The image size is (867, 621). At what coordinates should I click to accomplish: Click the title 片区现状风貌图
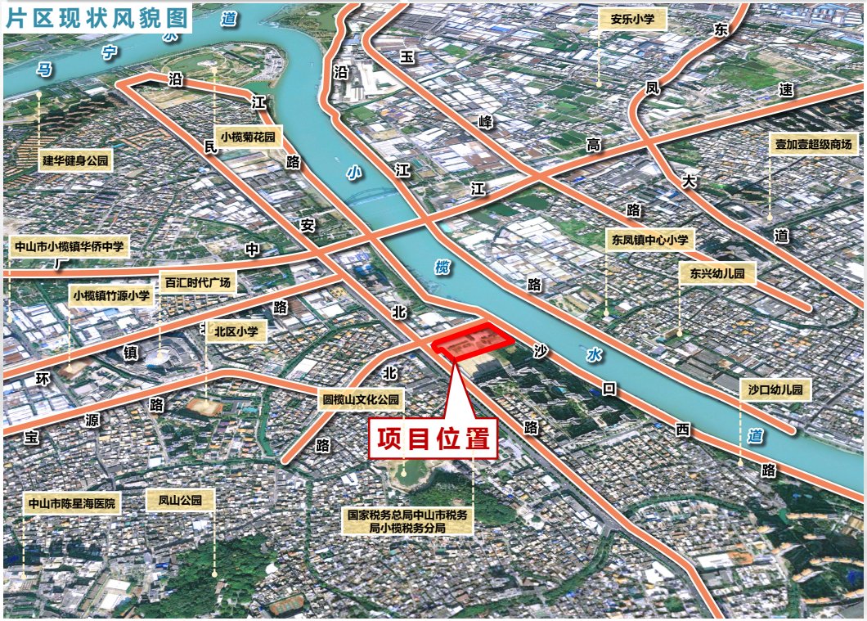97,17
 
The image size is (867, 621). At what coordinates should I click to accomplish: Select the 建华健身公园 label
75,161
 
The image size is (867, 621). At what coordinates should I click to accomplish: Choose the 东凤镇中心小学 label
649,241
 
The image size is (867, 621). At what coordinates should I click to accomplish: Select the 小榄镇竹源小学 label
111,295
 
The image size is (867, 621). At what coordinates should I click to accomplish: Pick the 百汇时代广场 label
197,283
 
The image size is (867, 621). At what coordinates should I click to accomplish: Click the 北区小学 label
236,331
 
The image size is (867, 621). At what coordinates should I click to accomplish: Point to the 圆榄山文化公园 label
361,400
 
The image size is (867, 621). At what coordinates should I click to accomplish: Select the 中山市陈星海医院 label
71,503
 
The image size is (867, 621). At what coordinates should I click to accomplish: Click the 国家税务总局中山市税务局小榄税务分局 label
408,522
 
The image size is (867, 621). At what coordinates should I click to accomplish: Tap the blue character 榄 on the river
442,268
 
